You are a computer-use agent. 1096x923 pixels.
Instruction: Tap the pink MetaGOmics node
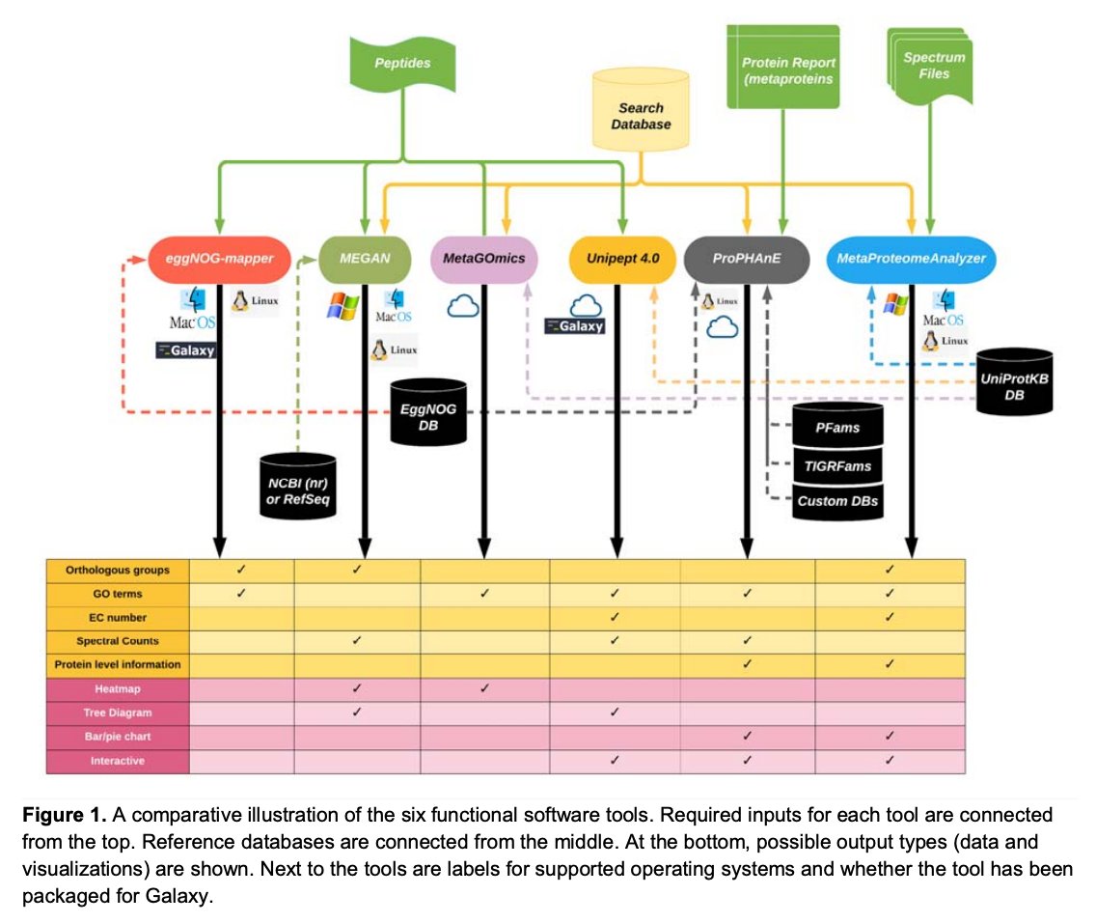pyautogui.click(x=482, y=259)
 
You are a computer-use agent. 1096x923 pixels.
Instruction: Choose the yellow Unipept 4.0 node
pyautogui.click(x=622, y=259)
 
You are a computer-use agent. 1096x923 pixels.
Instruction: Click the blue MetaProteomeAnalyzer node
pyautogui.click(x=911, y=259)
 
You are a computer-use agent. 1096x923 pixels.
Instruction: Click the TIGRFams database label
pyautogui.click(x=836, y=466)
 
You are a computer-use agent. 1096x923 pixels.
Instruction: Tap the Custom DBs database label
pyautogui.click(x=836, y=501)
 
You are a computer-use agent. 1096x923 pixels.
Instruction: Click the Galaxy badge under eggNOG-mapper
pyautogui.click(x=186, y=350)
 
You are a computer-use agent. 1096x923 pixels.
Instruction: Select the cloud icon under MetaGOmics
pyautogui.click(x=464, y=307)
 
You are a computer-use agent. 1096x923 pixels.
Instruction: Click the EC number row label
pyautogui.click(x=118, y=617)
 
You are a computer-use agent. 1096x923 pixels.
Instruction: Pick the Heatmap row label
pyautogui.click(x=118, y=689)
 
